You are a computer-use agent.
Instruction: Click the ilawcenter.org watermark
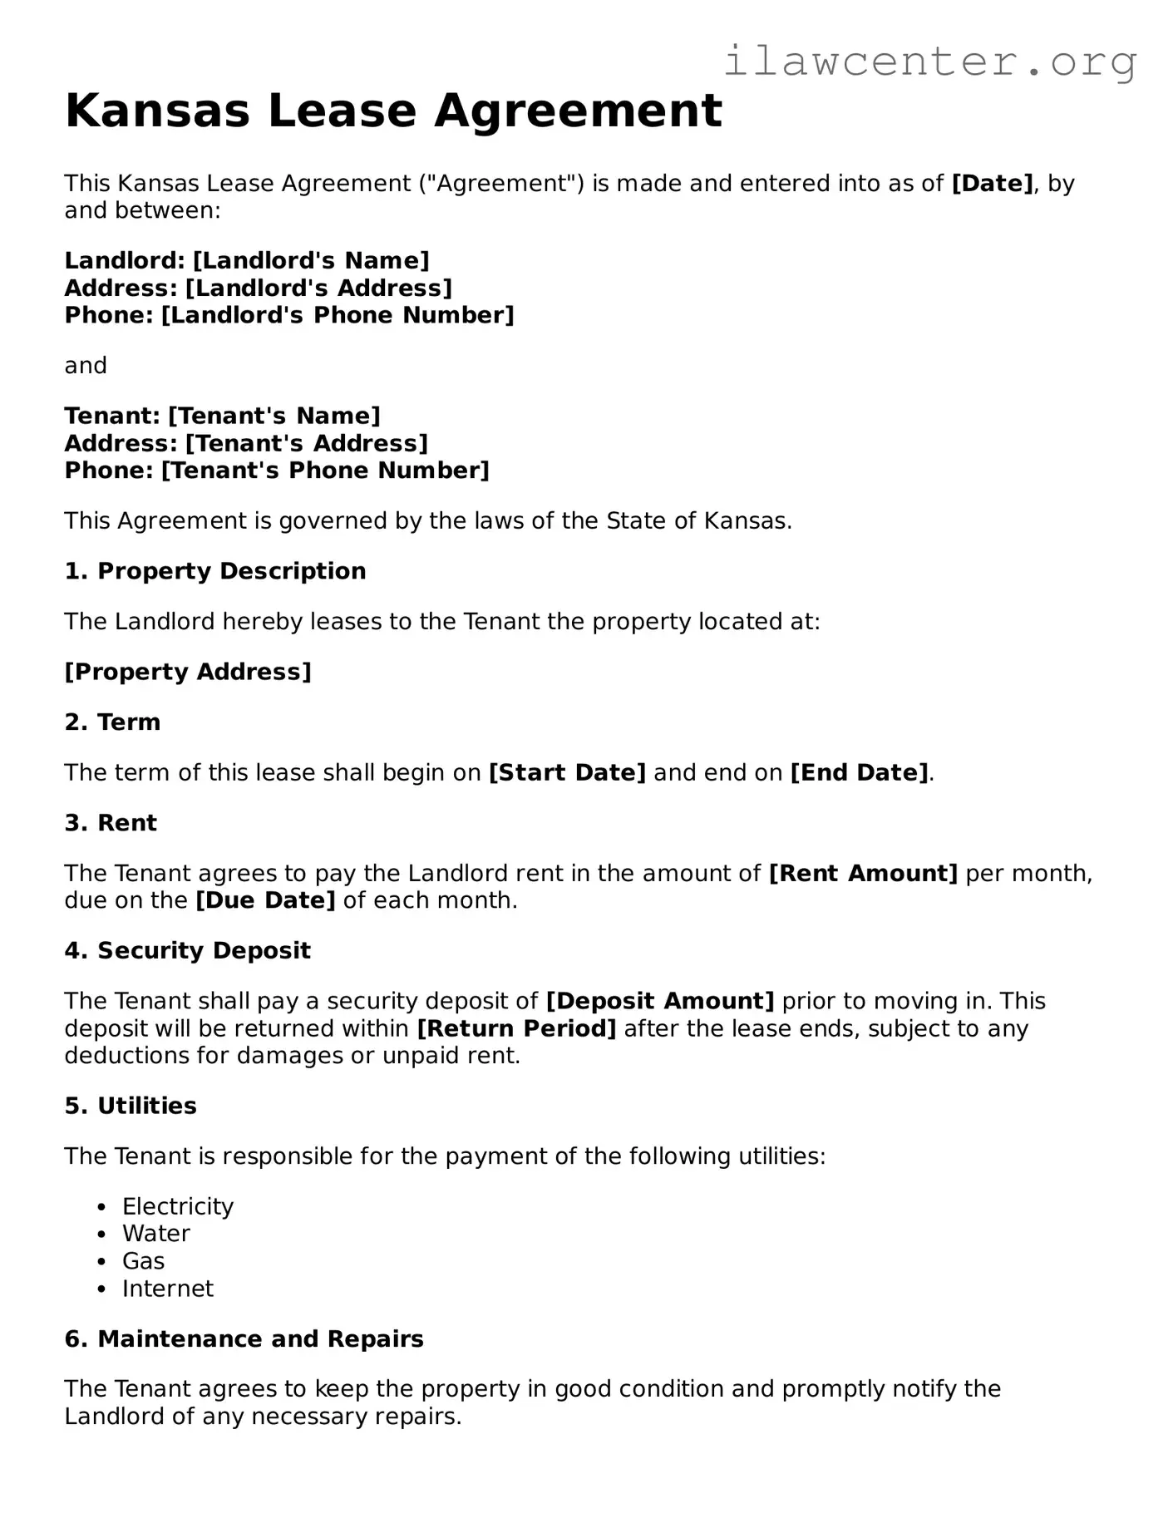point(929,62)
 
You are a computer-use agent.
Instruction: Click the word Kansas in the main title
point(157,111)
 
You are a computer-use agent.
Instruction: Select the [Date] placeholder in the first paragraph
point(992,184)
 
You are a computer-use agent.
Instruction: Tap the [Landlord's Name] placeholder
point(311,261)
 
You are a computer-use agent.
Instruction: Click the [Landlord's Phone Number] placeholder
point(337,316)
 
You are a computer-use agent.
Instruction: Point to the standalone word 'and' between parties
point(86,366)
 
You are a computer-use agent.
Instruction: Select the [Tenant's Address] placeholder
point(306,444)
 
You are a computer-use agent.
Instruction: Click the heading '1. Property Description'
point(215,572)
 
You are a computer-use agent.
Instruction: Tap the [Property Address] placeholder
point(188,672)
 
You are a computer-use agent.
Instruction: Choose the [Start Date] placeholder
point(567,773)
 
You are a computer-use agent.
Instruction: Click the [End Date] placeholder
point(859,773)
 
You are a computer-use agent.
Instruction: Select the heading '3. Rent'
point(111,823)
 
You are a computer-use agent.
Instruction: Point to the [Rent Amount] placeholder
point(863,874)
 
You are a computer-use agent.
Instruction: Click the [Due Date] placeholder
point(264,901)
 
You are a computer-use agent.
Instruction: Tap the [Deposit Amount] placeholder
point(660,1002)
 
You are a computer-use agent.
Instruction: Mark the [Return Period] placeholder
point(516,1029)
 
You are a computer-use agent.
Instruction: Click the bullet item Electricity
point(178,1207)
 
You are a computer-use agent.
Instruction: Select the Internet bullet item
point(168,1289)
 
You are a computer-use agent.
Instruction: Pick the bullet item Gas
point(144,1262)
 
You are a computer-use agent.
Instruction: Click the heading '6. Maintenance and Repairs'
point(244,1339)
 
